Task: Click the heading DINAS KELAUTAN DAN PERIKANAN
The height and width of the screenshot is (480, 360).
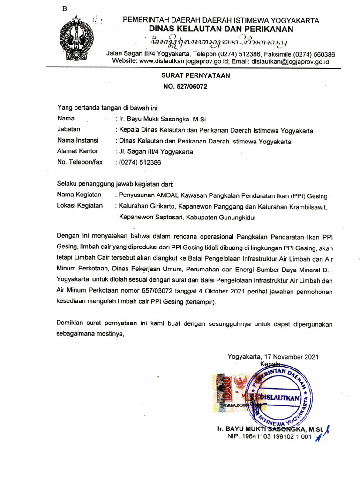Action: click(x=221, y=29)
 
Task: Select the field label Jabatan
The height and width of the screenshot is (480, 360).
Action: click(x=68, y=129)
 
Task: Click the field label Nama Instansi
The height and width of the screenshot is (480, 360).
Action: click(x=78, y=140)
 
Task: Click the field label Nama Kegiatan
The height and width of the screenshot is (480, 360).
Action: click(x=79, y=195)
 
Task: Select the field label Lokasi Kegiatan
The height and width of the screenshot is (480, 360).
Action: click(x=80, y=206)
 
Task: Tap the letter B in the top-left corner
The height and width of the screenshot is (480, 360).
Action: click(x=65, y=10)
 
